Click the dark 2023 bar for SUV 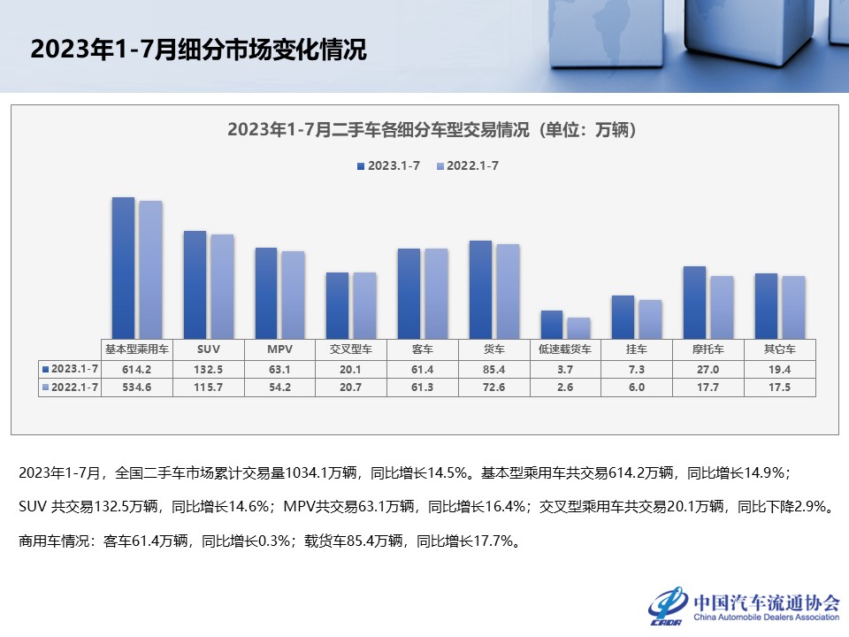point(195,285)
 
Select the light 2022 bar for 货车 point(508,292)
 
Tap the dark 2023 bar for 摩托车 point(694,303)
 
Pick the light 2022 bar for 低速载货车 point(578,328)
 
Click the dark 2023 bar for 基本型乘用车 point(123,268)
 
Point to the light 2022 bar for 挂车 point(650,319)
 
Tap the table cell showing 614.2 point(137,368)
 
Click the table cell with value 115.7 point(209,387)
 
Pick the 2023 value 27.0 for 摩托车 point(707,368)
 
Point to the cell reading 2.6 point(565,387)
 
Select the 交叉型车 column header point(351,349)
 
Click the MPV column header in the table point(279,349)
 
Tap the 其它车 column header point(778,349)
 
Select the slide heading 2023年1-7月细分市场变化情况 point(198,50)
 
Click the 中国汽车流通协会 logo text point(766,602)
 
